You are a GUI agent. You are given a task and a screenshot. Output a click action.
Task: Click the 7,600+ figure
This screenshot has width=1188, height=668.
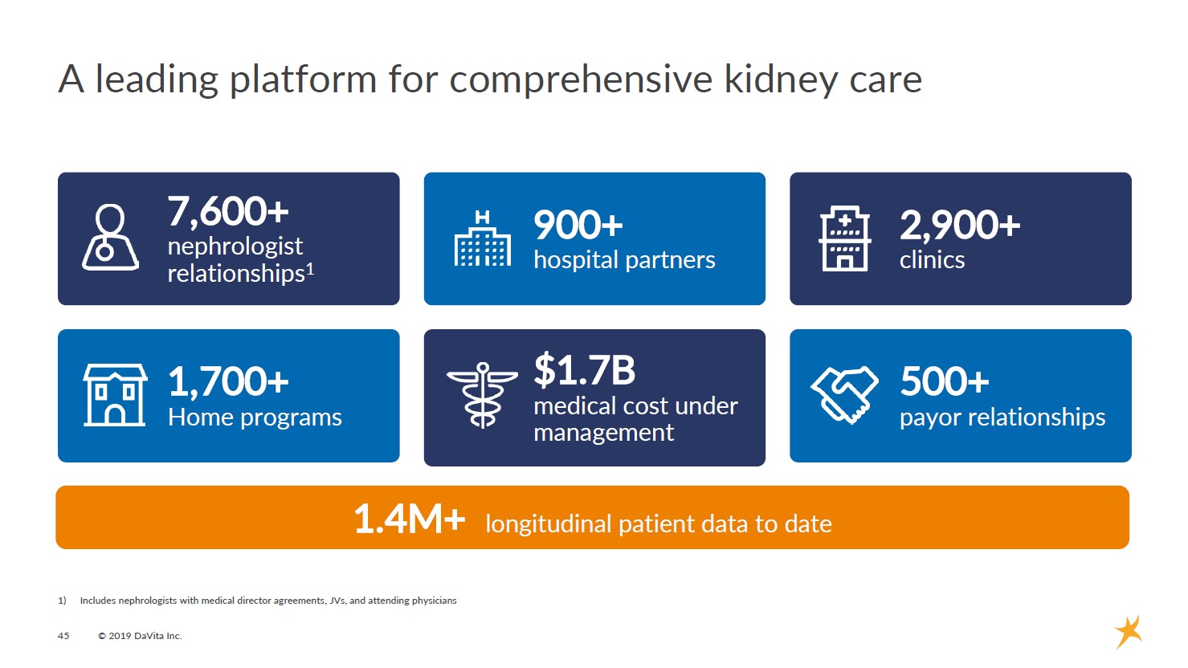(228, 211)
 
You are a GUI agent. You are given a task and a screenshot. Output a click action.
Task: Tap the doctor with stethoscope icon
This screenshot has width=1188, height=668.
(110, 238)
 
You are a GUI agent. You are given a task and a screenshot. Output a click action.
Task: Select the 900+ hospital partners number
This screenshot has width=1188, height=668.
(578, 224)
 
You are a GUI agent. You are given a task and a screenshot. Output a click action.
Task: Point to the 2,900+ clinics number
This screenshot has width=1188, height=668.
(960, 224)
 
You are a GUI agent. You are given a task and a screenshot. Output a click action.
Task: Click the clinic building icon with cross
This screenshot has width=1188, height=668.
(845, 238)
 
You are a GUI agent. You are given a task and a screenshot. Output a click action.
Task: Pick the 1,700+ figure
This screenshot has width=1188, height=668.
(229, 381)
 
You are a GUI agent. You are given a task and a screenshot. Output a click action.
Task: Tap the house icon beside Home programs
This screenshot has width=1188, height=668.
(115, 395)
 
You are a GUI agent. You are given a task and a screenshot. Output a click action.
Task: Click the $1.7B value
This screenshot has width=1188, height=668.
(585, 369)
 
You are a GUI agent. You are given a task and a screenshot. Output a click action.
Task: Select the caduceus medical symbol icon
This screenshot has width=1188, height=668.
(482, 395)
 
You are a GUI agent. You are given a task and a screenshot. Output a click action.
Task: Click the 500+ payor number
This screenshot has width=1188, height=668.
(945, 381)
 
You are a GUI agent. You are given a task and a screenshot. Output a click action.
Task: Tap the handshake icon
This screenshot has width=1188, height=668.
(844, 395)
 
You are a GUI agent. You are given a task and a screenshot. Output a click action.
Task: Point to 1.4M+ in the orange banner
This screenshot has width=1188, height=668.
(410, 518)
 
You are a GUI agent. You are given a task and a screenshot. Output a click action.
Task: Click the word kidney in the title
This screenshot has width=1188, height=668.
(780, 79)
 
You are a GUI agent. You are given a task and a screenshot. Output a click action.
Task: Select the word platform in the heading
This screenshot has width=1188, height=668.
(303, 79)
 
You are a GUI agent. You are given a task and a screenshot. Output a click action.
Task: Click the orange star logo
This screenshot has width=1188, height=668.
(1129, 632)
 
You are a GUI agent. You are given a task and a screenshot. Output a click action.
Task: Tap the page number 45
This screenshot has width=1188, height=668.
(63, 636)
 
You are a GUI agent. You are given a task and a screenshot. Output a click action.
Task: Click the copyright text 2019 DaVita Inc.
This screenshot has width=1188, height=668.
(140, 636)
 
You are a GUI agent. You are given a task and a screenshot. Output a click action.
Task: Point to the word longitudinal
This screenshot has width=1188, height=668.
(549, 523)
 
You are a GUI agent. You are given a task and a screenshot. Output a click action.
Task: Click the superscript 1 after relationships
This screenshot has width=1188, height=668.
(310, 269)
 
